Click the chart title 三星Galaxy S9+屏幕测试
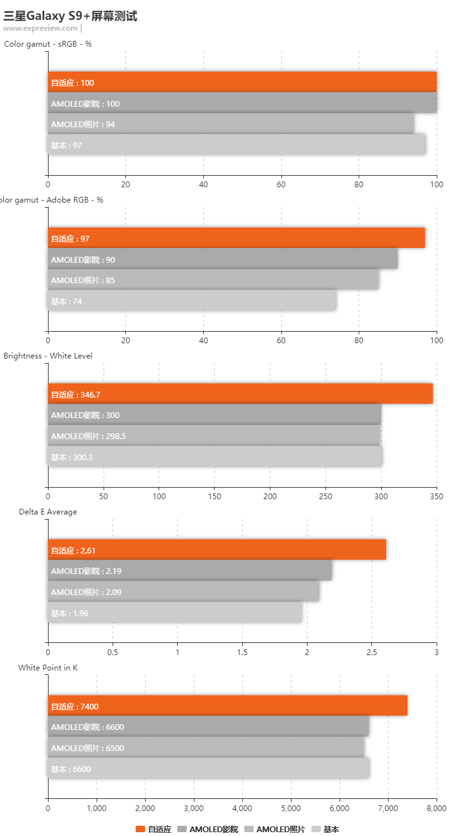click(70, 16)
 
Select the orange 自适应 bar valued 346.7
click(240, 394)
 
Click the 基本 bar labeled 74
click(192, 301)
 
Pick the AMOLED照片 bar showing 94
click(230, 124)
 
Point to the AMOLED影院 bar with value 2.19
click(189, 571)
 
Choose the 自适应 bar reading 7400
click(227, 706)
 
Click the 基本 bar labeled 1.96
click(175, 613)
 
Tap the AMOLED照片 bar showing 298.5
click(214, 436)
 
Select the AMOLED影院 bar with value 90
click(222, 259)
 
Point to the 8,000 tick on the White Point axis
click(436, 808)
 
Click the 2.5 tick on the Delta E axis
click(371, 652)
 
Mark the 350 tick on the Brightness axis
click(436, 496)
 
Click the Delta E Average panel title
click(48, 512)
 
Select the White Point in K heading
click(48, 668)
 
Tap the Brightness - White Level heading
click(48, 356)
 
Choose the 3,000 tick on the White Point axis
click(194, 808)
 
